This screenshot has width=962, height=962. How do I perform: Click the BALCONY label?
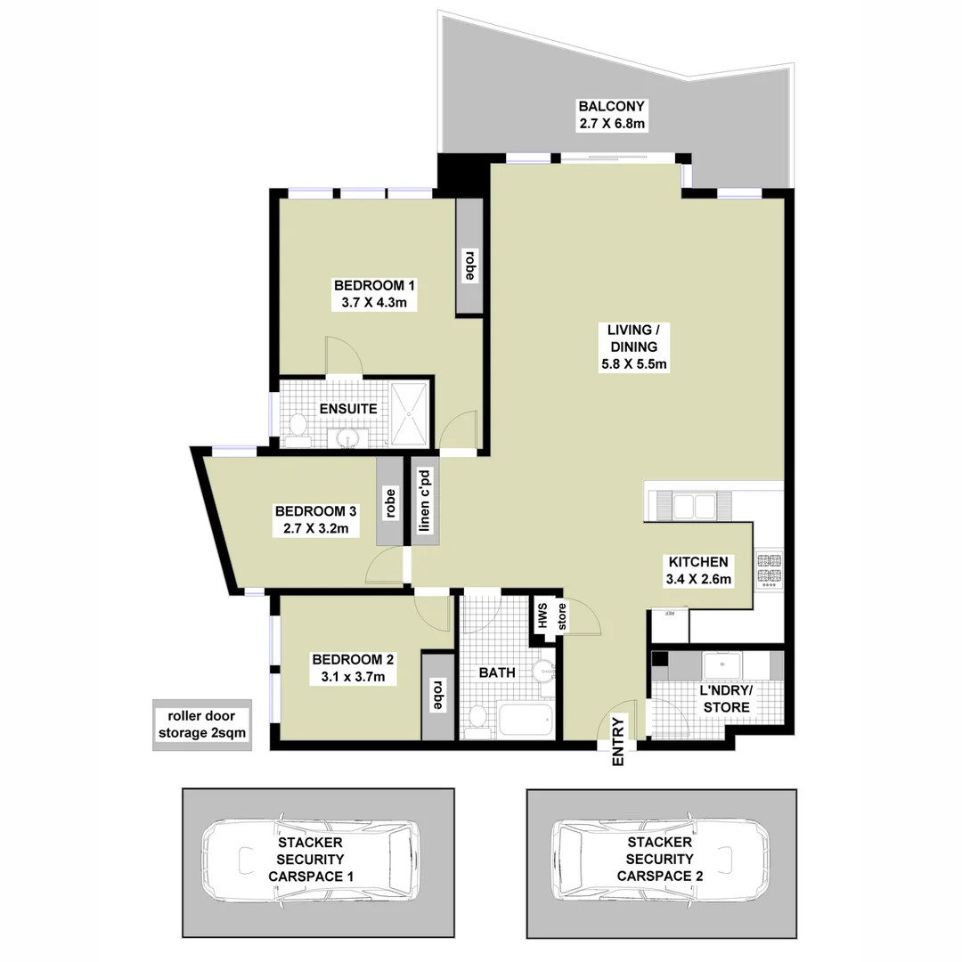coord(612,106)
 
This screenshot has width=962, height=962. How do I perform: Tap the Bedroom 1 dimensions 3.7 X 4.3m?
coord(374,303)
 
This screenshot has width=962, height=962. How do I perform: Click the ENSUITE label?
coord(348,409)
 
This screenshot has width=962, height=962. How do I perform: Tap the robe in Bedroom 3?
coord(389,502)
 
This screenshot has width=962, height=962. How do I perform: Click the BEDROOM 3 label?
coord(315,511)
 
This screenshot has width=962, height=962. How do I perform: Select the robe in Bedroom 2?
coord(437,695)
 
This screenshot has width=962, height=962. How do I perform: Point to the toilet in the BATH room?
coord(478,718)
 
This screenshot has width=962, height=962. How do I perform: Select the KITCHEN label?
coord(699,562)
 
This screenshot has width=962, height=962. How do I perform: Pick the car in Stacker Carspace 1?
coord(309,859)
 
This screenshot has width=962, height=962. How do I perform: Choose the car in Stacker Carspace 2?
coord(659,859)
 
